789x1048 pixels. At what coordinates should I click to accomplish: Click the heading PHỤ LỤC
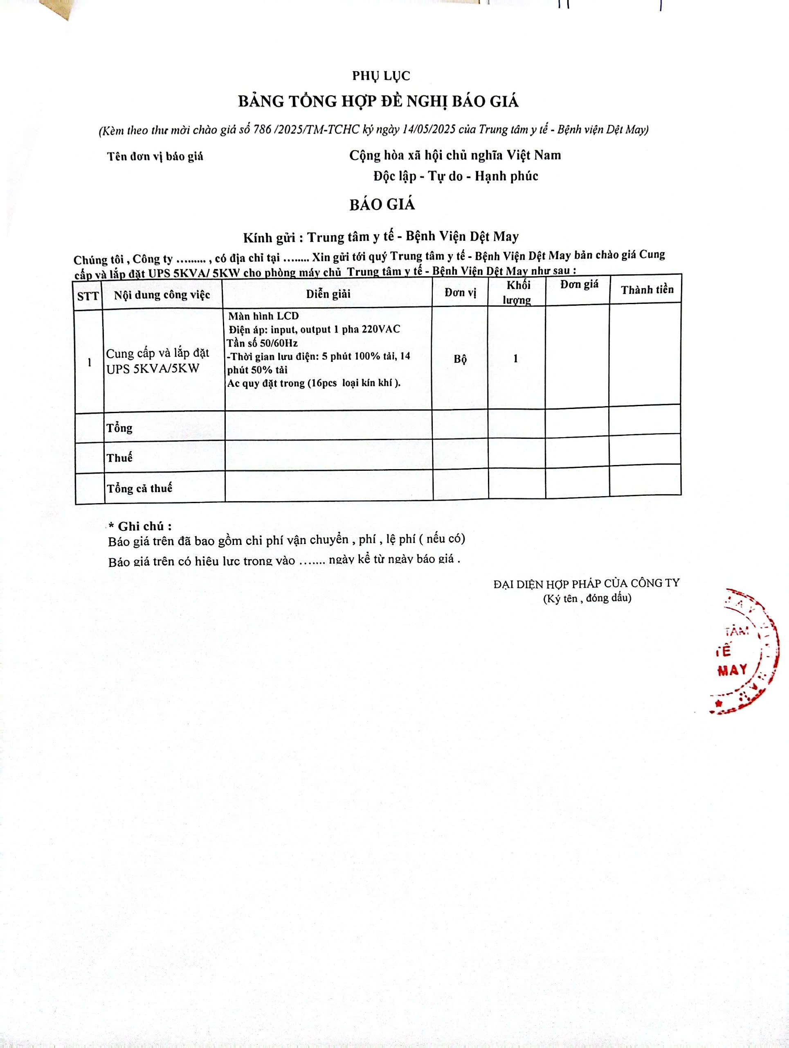[381, 76]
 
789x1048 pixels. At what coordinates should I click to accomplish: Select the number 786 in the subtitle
[262, 130]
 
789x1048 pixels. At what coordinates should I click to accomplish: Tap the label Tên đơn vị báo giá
[155, 156]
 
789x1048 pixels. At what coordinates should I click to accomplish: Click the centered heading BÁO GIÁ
[382, 205]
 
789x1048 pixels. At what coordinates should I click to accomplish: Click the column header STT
[88, 296]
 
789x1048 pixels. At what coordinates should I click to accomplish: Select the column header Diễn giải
[328, 294]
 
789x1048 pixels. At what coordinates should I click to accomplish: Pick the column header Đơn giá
[579, 285]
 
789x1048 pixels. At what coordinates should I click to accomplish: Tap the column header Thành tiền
[647, 290]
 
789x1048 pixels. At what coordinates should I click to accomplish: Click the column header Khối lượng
[518, 292]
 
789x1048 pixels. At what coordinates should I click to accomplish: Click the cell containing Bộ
[460, 359]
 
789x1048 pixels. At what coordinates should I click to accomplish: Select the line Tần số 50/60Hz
[262, 343]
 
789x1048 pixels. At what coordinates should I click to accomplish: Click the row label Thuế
[119, 458]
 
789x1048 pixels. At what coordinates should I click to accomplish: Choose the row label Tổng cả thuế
[139, 488]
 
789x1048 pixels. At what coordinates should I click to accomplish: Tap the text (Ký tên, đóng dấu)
[587, 598]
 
